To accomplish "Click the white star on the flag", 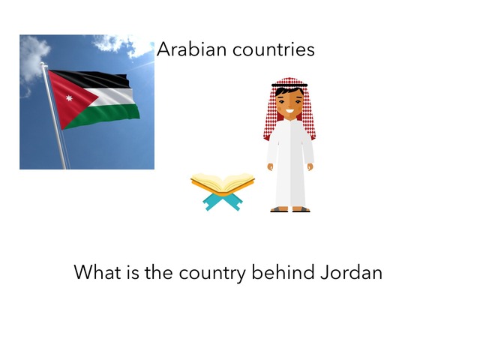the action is [x=69, y=98].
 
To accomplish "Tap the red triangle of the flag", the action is [x=69, y=98].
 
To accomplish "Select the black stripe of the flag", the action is [x=91, y=79].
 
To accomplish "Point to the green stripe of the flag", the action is [x=104, y=115].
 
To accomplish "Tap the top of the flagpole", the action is [x=43, y=64].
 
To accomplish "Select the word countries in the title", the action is [x=273, y=49].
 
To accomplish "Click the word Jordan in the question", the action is [x=352, y=272].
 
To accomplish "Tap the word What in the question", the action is [x=97, y=272].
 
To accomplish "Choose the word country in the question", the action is [x=212, y=273].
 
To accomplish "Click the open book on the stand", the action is [x=223, y=184].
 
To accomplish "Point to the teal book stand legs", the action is [x=223, y=202].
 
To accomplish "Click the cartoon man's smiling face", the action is [x=289, y=104].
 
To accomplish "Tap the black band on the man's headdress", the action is [x=289, y=85].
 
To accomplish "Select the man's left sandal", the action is [x=301, y=209].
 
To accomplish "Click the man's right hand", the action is [x=270, y=166].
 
